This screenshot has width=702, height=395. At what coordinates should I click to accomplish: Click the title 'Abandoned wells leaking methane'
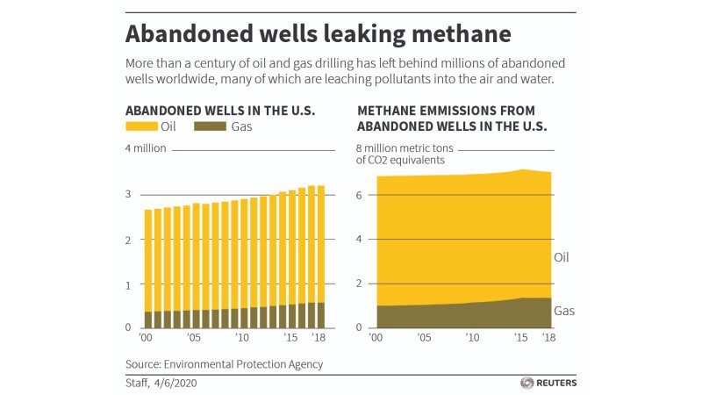(x=318, y=35)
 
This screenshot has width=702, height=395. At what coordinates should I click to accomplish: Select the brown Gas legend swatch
(x=204, y=127)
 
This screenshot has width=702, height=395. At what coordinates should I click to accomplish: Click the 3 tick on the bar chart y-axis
(x=129, y=194)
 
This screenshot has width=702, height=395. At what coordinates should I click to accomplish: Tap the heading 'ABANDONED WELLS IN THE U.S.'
(x=220, y=111)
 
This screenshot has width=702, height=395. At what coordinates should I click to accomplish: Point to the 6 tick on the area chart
(x=359, y=194)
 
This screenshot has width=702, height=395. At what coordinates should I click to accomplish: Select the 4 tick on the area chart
(x=359, y=239)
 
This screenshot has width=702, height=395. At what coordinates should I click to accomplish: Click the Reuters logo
(x=548, y=383)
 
